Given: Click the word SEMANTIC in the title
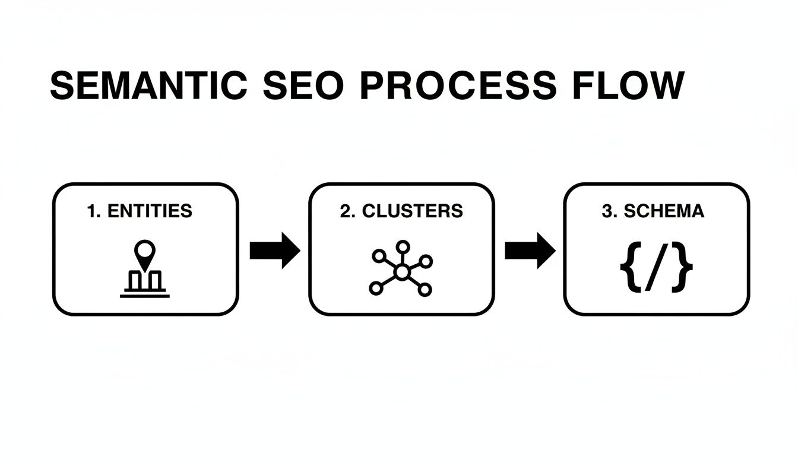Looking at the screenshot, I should tap(148, 87).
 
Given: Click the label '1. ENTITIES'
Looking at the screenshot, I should tap(140, 211).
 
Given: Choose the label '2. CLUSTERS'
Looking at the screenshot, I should tap(401, 211).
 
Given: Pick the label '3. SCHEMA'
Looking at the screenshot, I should tap(653, 211).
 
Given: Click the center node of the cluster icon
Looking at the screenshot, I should tap(402, 273).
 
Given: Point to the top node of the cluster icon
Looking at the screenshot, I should tap(403, 246).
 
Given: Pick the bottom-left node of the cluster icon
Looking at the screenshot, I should tap(375, 289).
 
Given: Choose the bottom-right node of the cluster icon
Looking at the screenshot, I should tap(425, 289).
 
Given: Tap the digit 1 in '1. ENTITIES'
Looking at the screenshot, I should tap(91, 211).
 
